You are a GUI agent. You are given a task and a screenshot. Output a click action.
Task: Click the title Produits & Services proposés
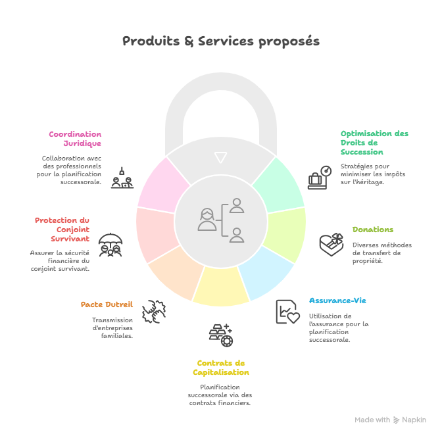[221, 41]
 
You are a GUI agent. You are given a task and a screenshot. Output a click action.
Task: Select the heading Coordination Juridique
[75, 139]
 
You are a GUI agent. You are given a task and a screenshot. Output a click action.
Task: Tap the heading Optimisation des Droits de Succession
[374, 143]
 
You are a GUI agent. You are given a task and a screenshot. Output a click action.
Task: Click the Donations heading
[373, 230]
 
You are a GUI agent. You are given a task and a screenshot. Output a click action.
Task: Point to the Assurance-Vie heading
[338, 301]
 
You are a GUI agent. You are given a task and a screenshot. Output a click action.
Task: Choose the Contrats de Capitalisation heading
[221, 368]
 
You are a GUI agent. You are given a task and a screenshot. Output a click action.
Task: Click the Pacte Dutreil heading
[107, 304]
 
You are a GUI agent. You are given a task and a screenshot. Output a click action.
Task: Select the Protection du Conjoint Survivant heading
[62, 230]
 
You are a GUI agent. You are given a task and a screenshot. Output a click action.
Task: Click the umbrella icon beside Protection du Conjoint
[110, 245]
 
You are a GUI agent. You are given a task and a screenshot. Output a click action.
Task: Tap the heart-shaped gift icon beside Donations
[331, 244]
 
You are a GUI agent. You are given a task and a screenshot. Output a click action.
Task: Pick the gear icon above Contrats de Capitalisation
[222, 335]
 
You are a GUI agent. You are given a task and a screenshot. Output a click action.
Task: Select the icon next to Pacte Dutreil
[154, 310]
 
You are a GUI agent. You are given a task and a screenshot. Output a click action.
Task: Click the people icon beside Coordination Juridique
[122, 178]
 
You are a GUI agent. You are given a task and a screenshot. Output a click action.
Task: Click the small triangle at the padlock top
[220, 157]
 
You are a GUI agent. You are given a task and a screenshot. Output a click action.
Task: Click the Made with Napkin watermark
[391, 420]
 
